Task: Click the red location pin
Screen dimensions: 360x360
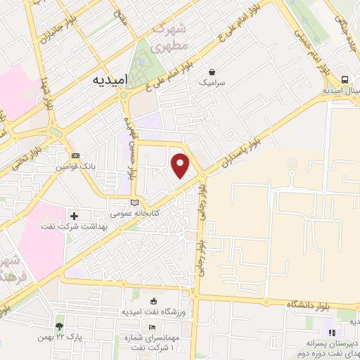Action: tap(181, 165)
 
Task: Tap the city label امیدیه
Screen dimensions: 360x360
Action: tap(108, 80)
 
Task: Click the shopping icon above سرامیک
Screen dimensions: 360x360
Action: tap(211, 71)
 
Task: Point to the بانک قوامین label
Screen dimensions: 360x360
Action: tap(76, 166)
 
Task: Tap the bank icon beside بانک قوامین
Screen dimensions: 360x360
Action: tap(76, 155)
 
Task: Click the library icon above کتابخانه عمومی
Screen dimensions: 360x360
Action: tap(135, 202)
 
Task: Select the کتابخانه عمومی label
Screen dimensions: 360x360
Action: tap(135, 212)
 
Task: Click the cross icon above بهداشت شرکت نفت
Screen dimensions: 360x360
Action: tap(74, 215)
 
